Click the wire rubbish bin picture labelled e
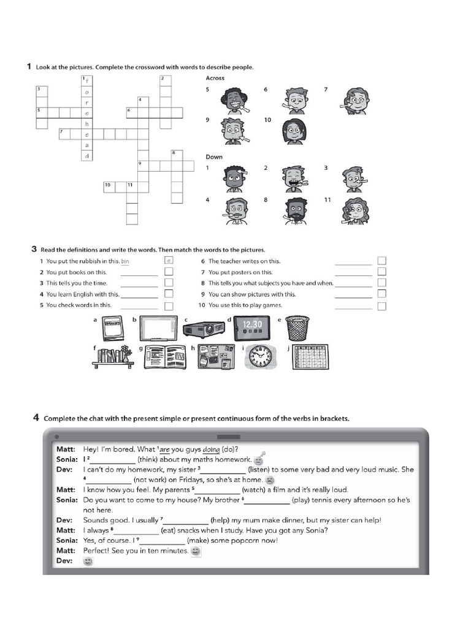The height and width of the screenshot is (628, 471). point(297,328)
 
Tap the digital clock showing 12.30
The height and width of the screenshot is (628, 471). point(251,327)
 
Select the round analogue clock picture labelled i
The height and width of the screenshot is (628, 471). point(259,358)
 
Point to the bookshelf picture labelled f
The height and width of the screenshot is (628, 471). point(113,358)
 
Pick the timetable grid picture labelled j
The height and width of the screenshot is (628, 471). point(308,357)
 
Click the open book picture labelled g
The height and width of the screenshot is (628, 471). point(165,357)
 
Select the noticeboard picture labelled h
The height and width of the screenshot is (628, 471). point(212,357)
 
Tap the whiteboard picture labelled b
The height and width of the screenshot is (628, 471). point(158,328)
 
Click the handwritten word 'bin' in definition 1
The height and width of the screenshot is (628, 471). point(126,261)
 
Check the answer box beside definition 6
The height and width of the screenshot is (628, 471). point(381,261)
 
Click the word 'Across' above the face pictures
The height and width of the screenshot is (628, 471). point(215,78)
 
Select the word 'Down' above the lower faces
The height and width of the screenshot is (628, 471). point(214,157)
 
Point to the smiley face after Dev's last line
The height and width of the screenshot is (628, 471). point(88,561)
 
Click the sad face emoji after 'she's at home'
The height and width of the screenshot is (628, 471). point(269,480)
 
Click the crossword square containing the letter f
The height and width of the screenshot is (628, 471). point(87,80)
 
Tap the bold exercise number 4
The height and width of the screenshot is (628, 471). point(36,418)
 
